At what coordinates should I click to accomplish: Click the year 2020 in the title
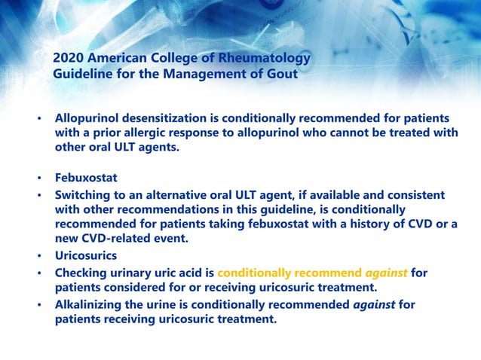click(x=69, y=58)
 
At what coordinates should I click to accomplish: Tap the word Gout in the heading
click(x=282, y=74)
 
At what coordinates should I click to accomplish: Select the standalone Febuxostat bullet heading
click(x=85, y=179)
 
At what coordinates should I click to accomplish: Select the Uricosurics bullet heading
click(x=85, y=257)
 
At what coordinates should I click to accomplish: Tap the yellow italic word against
click(x=387, y=272)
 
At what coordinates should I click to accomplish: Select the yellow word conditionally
click(x=256, y=272)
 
